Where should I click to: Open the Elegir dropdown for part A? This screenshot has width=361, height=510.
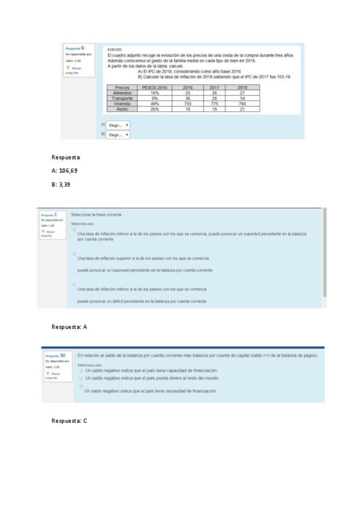(118, 125)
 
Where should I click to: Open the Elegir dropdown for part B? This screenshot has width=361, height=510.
(118, 135)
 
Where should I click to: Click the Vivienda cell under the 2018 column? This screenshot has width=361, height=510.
(242, 104)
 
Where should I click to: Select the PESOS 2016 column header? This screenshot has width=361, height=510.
(154, 87)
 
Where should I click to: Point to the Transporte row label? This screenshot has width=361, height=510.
(122, 99)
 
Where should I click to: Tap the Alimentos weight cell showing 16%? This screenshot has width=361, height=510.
(154, 93)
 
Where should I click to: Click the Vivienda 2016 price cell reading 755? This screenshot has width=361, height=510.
(188, 104)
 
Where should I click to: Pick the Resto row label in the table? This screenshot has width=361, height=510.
(122, 109)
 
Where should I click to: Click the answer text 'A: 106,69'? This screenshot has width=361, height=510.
(64, 171)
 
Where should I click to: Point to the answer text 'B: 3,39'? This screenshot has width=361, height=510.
(61, 185)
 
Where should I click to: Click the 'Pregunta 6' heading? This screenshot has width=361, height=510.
(74, 48)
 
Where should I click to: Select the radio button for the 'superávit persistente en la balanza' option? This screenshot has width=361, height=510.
(74, 229)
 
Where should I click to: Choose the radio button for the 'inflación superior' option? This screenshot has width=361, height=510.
(74, 254)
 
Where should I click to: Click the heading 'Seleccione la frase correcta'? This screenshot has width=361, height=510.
(96, 215)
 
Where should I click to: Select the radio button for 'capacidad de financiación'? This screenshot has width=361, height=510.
(81, 370)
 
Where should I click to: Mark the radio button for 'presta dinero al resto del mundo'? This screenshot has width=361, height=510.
(81, 378)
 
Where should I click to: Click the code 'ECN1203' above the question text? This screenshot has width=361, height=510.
(113, 49)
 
